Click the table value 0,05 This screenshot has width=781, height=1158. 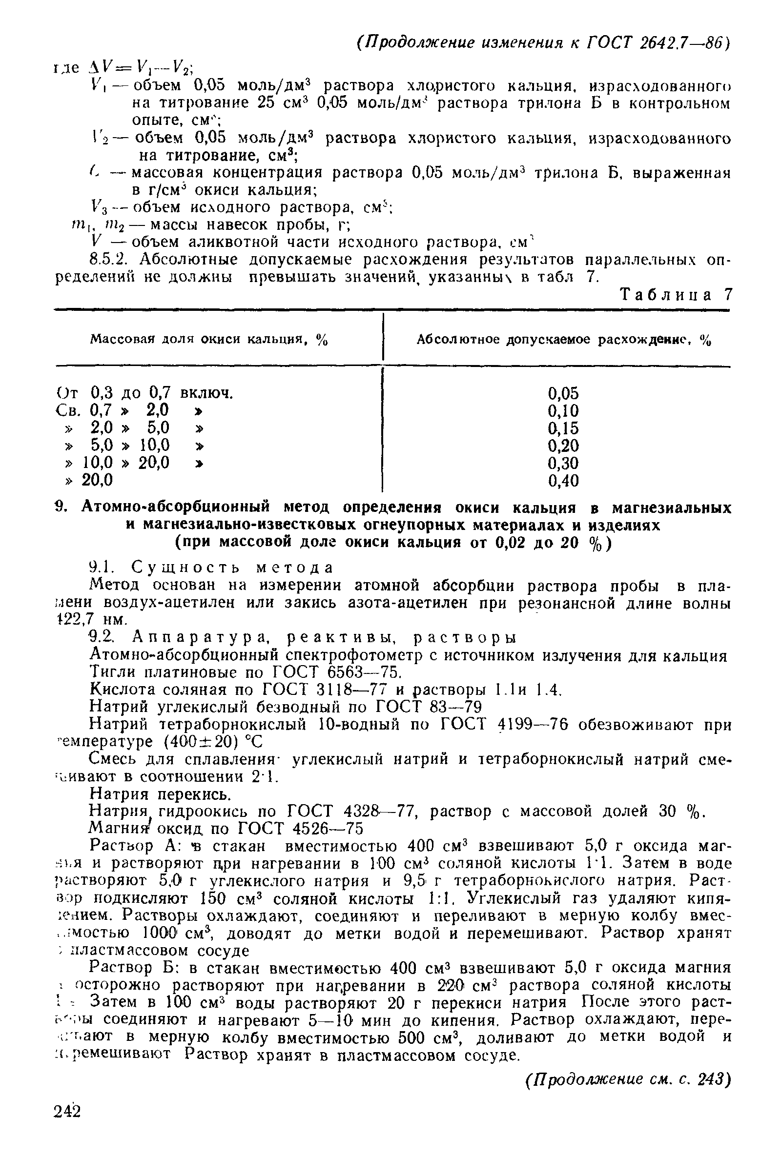click(563, 393)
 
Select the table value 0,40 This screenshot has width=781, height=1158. click(563, 480)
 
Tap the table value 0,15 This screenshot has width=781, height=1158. click(563, 428)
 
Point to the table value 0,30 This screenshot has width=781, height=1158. click(563, 463)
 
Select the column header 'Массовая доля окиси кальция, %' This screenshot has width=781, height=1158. click(209, 340)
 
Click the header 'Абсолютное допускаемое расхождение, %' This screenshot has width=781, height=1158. click(563, 340)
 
